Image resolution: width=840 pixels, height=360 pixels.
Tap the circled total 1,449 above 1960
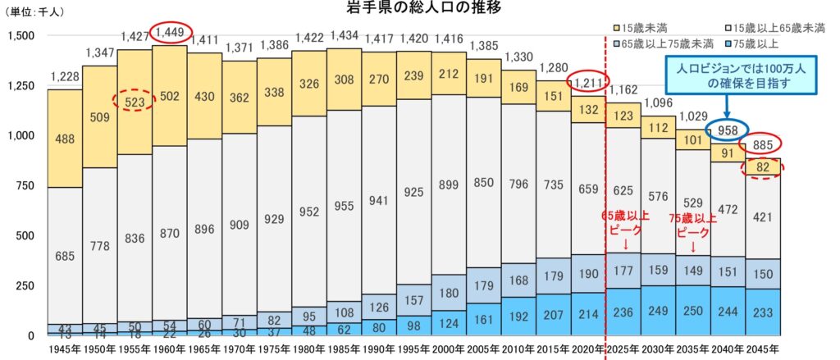[x=170, y=32]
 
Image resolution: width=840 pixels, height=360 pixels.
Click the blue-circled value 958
[x=728, y=130]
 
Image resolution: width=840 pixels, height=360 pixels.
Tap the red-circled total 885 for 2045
[x=762, y=146]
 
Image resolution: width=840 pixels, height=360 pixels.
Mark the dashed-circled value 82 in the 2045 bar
[x=763, y=168]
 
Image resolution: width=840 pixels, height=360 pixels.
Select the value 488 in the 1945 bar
[x=65, y=140]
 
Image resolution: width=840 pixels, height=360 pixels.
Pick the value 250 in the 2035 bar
[x=693, y=312]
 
